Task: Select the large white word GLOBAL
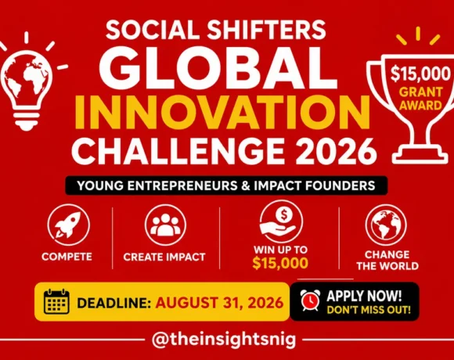click(218, 69)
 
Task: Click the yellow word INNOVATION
click(222, 112)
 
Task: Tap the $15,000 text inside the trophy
click(420, 74)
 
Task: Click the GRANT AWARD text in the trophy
click(420, 99)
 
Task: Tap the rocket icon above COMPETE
click(68, 225)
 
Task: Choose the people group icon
click(166, 225)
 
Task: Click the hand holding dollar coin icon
click(281, 221)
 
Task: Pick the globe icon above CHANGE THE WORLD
click(386, 225)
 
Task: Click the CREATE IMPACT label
click(164, 257)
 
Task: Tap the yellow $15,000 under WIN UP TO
click(280, 263)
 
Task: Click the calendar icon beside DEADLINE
click(56, 301)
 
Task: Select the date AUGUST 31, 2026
click(219, 303)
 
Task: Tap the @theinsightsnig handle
click(224, 339)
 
